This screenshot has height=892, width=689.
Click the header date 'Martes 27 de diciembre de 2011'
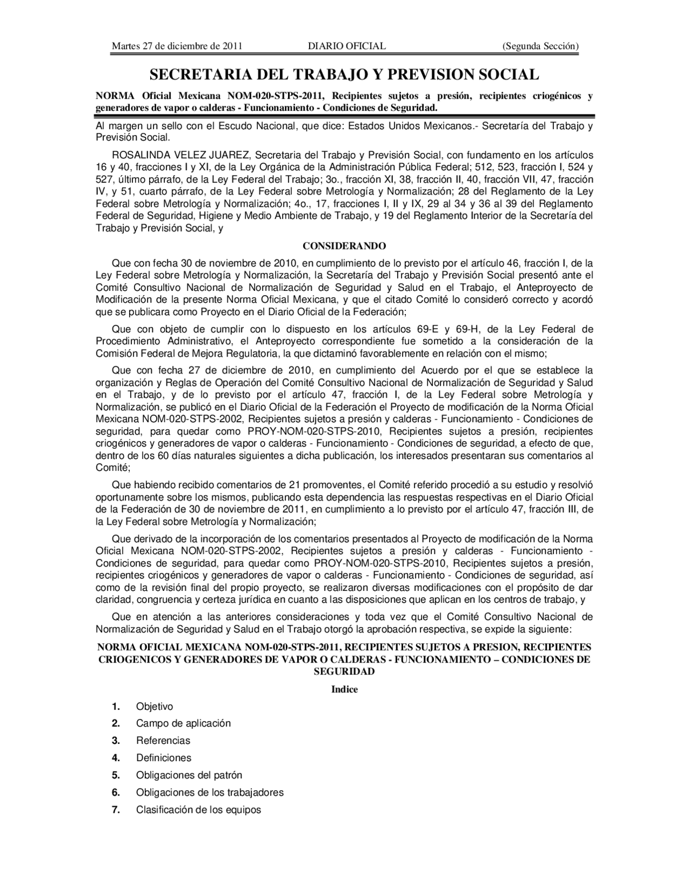click(177, 46)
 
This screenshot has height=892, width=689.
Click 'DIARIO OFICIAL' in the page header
click(347, 46)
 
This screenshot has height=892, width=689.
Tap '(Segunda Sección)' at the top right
click(540, 46)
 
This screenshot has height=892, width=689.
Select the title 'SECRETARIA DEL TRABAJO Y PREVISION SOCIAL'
click(344, 74)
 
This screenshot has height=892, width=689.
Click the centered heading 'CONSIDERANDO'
click(344, 246)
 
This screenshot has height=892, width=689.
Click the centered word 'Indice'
click(344, 689)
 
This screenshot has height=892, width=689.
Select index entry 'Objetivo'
click(154, 707)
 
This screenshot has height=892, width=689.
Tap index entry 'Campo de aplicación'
click(183, 723)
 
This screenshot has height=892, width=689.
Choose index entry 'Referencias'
click(163, 741)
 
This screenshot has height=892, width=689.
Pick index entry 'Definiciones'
click(164, 758)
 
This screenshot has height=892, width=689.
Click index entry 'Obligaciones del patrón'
click(189, 775)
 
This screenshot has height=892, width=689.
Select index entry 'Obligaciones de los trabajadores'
click(209, 792)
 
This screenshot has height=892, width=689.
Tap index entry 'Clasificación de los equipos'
click(198, 810)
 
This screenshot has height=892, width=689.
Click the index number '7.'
click(116, 810)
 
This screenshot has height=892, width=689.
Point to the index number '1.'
click(116, 707)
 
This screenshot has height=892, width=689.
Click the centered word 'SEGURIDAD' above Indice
click(344, 672)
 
